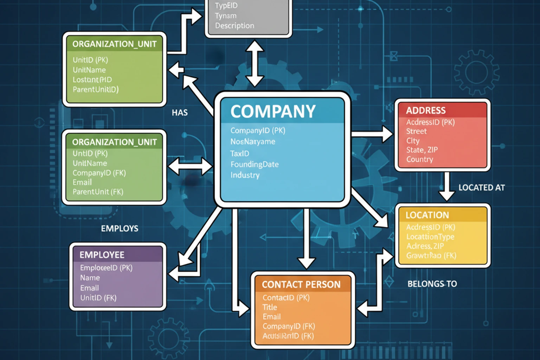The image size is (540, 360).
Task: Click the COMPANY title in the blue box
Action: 273,111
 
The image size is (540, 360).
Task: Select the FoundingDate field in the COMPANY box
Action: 255,164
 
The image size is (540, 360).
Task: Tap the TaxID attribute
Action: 240,153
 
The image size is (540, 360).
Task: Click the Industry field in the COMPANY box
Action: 245,175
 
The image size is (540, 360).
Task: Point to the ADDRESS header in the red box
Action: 426,110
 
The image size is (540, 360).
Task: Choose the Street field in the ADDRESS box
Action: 416,131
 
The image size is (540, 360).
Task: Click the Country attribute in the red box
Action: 419,159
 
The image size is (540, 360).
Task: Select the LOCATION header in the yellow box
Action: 427,215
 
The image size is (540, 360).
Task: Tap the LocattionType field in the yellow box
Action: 430,237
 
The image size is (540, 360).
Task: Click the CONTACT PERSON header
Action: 301,284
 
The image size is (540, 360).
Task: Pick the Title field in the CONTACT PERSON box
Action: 270,307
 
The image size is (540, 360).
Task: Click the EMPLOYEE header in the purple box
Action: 102,255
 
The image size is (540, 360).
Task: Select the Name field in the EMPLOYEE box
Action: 90,278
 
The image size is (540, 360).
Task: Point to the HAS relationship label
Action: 180,112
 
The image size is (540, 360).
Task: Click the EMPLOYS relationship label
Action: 120,229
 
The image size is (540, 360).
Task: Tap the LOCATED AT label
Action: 481,188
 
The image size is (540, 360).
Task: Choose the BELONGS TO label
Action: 432,284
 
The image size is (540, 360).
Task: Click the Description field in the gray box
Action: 234,26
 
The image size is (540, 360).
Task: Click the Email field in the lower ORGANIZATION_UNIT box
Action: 82,182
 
